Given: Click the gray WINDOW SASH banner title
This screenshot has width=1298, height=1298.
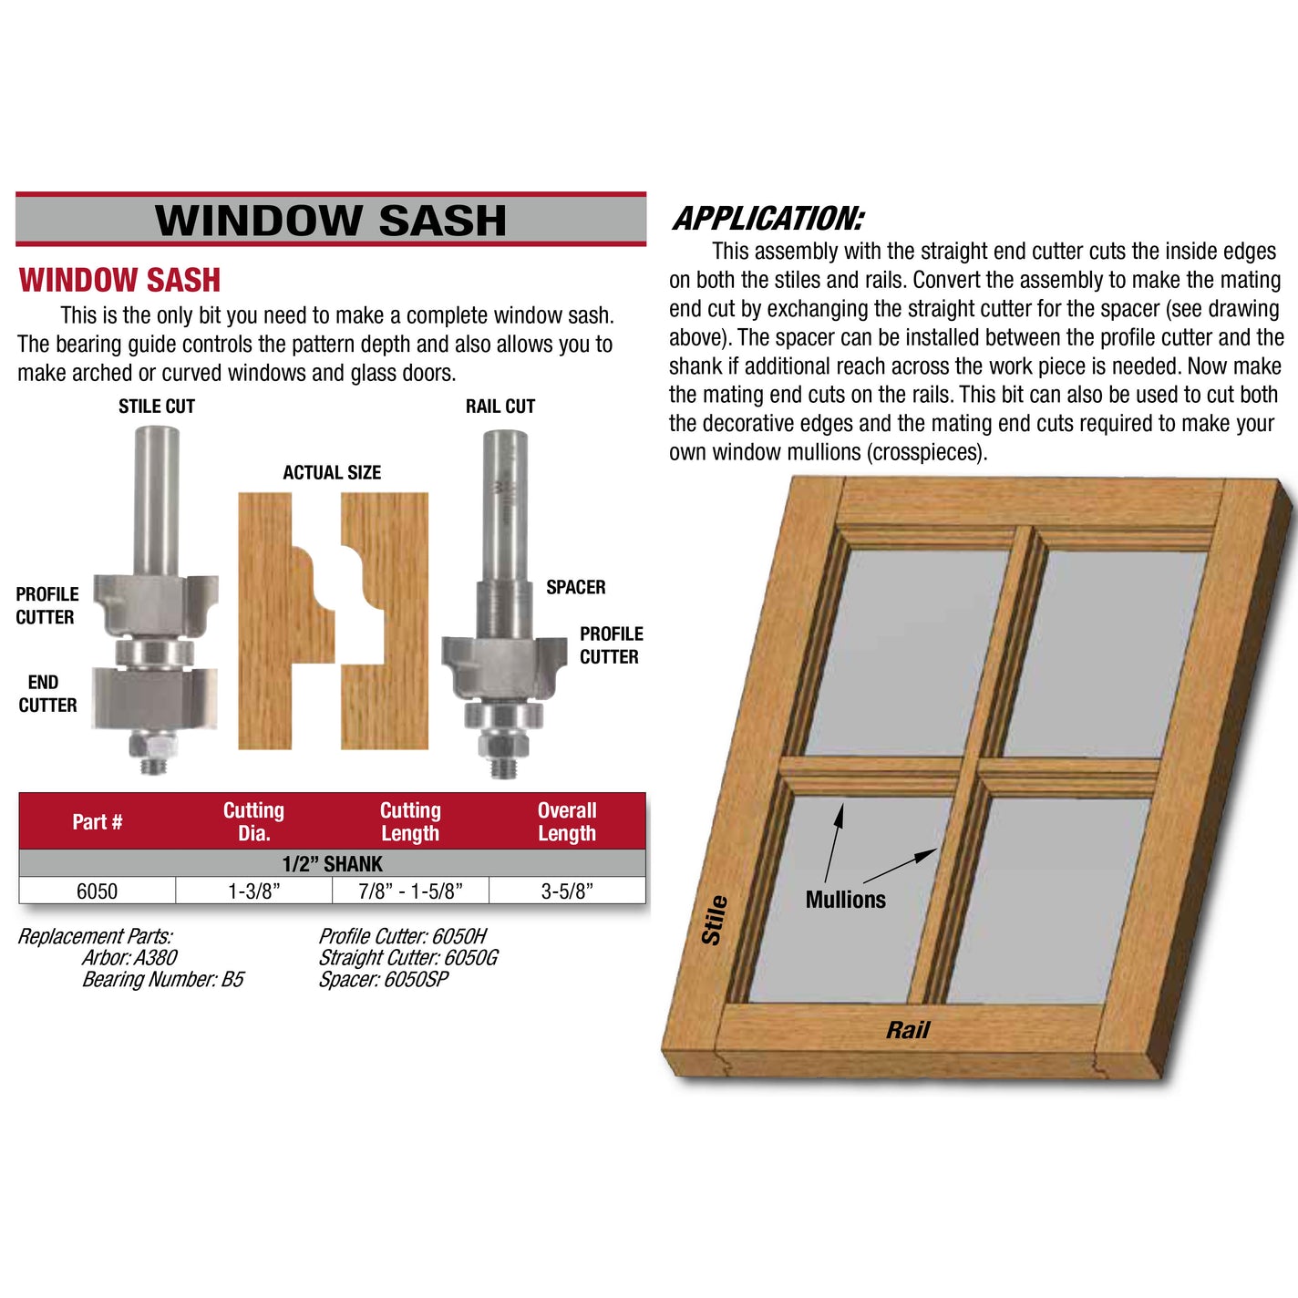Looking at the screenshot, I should point(330,220).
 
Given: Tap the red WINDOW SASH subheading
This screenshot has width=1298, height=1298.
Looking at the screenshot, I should point(119,280).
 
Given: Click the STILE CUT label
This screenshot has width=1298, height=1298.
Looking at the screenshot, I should point(157,407).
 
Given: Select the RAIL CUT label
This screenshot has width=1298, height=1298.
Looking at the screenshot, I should point(500,407).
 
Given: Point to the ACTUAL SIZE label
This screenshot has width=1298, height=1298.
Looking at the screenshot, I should point(332,472).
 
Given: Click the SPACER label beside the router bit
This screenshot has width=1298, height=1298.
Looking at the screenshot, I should point(575,587).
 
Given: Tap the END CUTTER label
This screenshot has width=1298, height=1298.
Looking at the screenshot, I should point(46,694).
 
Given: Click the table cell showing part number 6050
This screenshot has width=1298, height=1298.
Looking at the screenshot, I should point(97,891).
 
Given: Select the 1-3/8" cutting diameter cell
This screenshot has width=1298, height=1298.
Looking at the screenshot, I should point(253,891).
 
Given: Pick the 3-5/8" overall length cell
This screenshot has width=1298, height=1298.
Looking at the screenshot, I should point(567,891).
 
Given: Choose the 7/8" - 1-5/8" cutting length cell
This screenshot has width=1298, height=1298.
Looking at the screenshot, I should point(410,891).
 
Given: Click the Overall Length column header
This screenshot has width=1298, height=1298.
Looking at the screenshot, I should point(567,821).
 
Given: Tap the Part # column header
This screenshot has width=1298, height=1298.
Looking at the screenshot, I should point(97,821).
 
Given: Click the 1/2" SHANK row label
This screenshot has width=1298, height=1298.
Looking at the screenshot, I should point(332,863).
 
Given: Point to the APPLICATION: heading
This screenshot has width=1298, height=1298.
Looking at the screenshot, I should point(767,219).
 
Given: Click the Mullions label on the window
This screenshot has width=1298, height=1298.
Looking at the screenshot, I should point(845,900).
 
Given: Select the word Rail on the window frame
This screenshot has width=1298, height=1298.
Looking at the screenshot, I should point(908,1030).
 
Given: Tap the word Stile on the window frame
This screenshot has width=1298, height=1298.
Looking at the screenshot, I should point(714,920).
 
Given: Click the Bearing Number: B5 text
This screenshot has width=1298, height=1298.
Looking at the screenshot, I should point(163,979).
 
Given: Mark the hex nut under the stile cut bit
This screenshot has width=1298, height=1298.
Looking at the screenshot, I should point(152,748).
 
